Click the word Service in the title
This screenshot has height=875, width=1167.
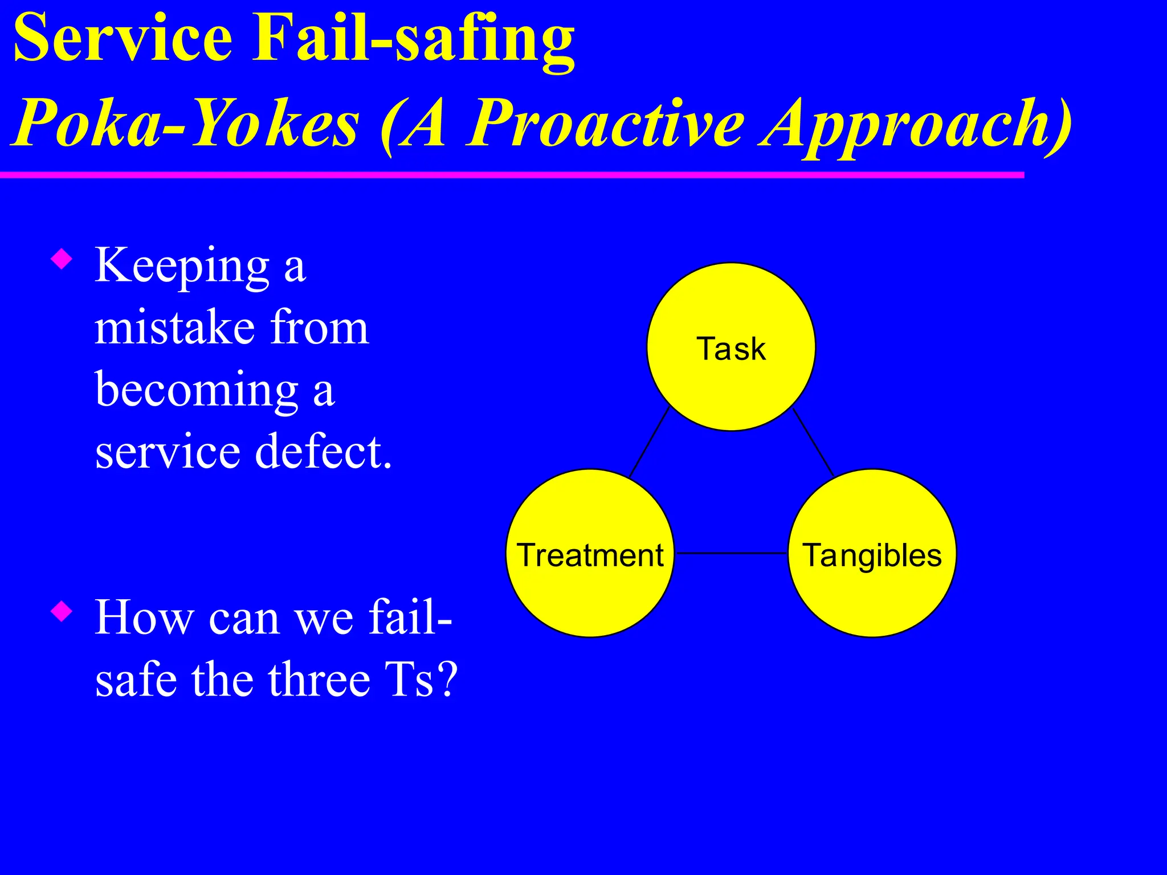pos(123,39)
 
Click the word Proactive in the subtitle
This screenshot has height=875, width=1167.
pos(605,123)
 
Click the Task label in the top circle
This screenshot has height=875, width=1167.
pos(731,349)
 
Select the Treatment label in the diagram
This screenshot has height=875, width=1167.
pos(590,555)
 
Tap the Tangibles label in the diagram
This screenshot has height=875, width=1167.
pos(872,555)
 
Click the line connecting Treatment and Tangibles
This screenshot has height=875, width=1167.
pos(731,553)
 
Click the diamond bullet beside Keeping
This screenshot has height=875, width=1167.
pos(62,259)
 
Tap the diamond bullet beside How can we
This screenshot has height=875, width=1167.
pos(62,612)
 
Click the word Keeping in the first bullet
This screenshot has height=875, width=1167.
pos(182,267)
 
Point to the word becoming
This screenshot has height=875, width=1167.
pos(197,391)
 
